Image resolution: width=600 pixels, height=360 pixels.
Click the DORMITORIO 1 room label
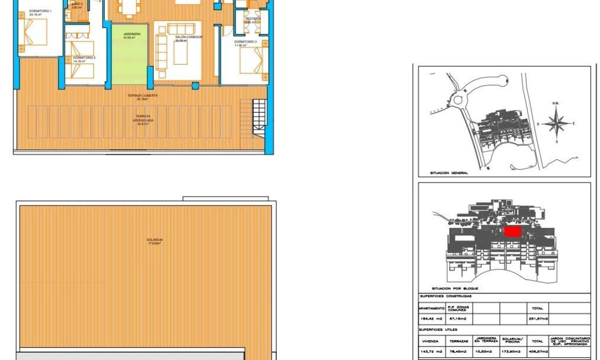point(40,11)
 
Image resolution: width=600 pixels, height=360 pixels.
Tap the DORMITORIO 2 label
point(84,57)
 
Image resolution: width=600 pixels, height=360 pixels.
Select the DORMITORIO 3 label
point(246,41)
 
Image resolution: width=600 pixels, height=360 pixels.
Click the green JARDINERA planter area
point(129,58)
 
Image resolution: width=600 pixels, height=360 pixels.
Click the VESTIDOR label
point(253,19)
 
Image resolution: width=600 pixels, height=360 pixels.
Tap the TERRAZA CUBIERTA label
point(142,96)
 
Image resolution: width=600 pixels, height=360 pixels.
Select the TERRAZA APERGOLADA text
point(142,118)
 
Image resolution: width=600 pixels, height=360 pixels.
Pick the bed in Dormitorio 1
point(35,32)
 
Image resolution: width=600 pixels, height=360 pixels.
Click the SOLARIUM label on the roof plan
point(155,240)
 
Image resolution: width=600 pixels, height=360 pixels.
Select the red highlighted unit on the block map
point(512,232)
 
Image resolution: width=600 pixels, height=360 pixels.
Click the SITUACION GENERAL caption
point(449,173)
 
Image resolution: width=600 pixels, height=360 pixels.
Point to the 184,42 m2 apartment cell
point(431,319)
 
